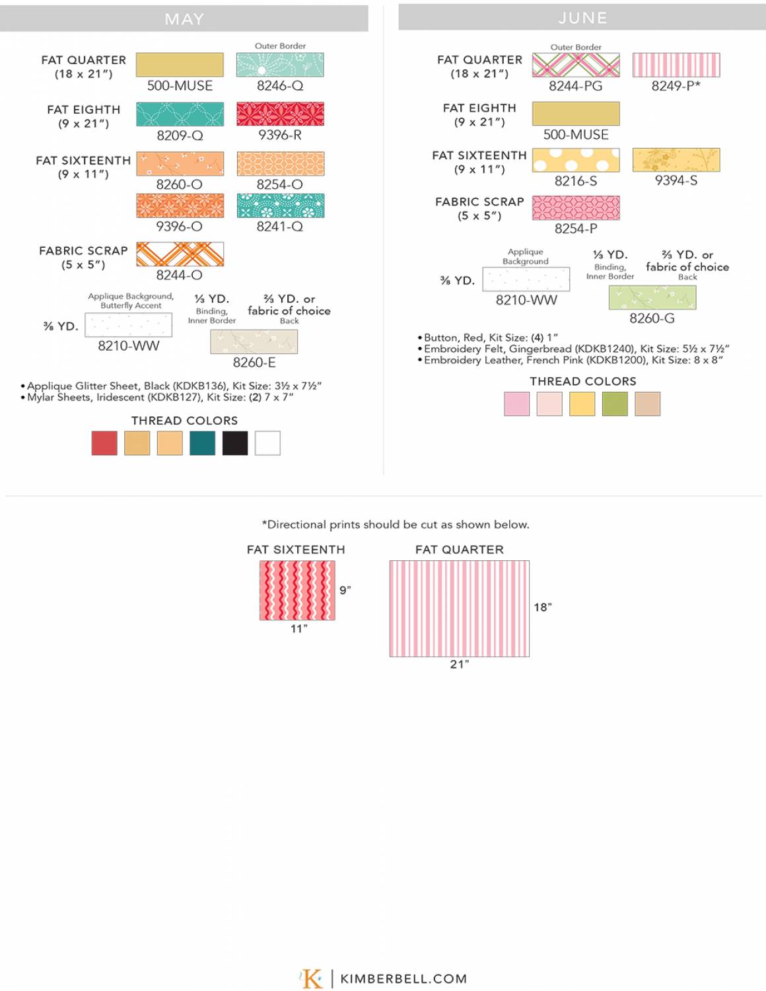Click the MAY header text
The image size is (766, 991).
184,19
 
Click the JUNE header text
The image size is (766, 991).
582,18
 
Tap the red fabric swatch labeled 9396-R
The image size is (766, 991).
280,114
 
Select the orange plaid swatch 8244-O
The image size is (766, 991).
180,254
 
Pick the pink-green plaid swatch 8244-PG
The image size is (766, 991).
576,65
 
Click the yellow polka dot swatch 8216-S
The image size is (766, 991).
576,160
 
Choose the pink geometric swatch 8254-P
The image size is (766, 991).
576,207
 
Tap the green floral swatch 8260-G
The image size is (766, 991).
652,298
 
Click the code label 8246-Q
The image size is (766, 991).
280,86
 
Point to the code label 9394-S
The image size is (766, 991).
676,180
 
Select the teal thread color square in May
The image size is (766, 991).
202,443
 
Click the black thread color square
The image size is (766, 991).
235,443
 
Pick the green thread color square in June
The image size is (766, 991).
615,404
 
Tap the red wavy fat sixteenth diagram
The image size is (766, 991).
297,591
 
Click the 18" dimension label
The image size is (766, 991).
543,607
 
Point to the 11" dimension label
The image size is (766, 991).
299,629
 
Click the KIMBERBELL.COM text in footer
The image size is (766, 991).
403,979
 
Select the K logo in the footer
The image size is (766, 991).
312,978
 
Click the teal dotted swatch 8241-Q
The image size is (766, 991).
280,205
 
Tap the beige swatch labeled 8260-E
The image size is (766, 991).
254,342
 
